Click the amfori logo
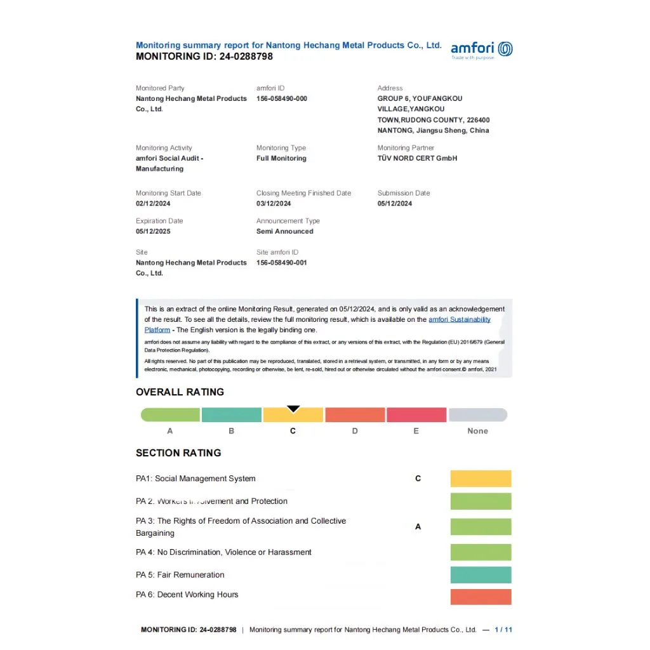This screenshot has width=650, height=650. (481, 50)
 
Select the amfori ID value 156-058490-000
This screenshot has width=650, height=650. (282, 99)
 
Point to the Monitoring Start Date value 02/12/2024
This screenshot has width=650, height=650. (153, 204)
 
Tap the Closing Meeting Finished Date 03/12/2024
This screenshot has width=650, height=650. (274, 204)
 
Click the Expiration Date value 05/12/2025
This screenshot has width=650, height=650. (153, 232)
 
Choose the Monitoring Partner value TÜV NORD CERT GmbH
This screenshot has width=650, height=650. (417, 158)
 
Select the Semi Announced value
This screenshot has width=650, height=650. (284, 232)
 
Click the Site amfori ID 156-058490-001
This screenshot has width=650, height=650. (282, 263)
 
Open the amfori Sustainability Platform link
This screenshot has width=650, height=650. (459, 320)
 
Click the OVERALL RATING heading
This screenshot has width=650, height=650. (180, 392)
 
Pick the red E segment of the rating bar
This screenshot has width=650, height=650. (416, 415)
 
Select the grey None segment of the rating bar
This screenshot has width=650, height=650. (477, 415)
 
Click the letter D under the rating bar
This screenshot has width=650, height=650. (355, 431)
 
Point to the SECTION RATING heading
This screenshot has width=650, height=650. (178, 453)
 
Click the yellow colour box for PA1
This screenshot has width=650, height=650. (481, 479)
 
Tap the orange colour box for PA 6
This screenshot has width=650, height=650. (481, 597)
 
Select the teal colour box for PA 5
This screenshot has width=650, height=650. (481, 575)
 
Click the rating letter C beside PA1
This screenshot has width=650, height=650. (418, 479)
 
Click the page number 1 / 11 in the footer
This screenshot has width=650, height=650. (503, 630)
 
